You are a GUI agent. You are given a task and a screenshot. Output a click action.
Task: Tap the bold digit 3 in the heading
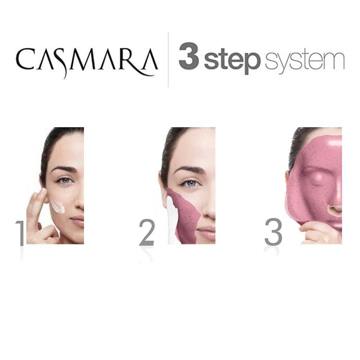189,58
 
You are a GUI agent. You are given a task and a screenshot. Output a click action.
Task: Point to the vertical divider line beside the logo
168,60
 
